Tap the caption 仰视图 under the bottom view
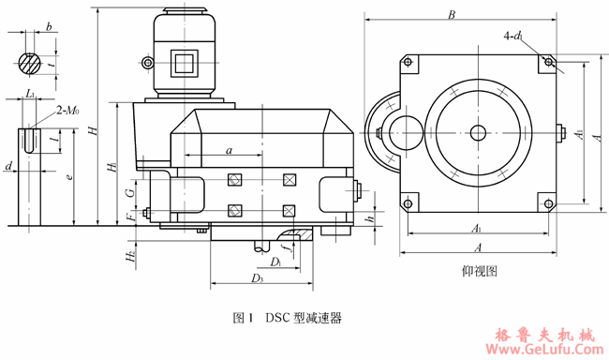pos(479,270)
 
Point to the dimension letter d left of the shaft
pos(7,167)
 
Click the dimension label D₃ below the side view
pos(255,278)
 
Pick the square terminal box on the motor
pos(184,62)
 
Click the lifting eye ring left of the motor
pos(146,63)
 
